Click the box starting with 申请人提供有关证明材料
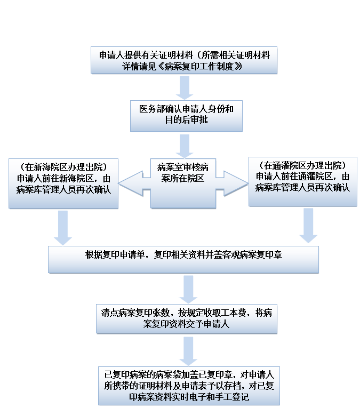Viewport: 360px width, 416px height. tap(184, 60)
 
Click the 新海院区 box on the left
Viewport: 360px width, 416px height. tap(63, 182)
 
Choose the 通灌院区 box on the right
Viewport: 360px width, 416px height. tap(302, 181)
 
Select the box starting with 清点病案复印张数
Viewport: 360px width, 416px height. tap(186, 318)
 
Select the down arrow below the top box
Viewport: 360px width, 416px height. tap(185, 87)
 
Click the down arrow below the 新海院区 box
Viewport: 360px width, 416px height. tap(63, 227)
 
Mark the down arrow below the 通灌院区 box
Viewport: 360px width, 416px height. tap(308, 225)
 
